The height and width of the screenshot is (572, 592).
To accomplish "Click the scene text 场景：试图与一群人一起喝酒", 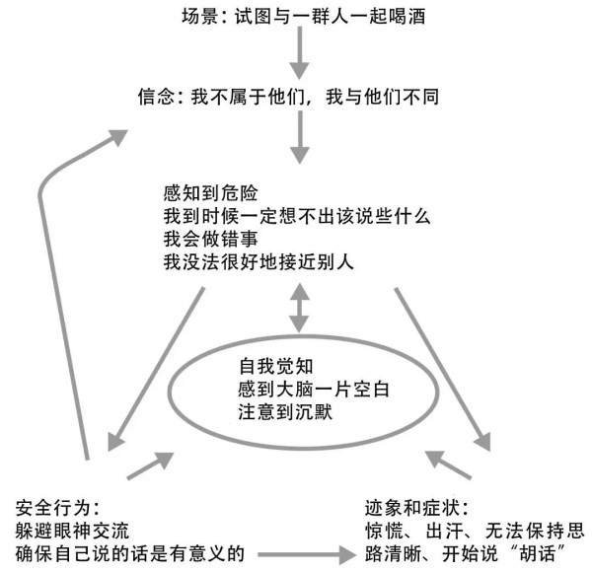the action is [x=304, y=17].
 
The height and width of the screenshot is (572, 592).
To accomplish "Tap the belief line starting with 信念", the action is [x=288, y=97].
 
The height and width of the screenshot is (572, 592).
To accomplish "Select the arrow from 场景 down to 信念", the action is [x=300, y=53].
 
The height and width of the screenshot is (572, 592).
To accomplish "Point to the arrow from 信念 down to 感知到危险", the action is [x=300, y=137].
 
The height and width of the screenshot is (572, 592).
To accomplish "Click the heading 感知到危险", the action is [x=211, y=193].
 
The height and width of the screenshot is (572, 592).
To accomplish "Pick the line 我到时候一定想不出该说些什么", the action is [x=297, y=216].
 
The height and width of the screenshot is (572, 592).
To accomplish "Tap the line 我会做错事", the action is [x=211, y=240].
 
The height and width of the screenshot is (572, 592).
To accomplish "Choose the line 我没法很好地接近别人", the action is [x=259, y=262].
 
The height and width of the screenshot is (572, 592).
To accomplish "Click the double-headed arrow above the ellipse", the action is [x=299, y=308].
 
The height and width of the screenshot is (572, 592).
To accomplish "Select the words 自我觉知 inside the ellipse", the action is [x=276, y=366].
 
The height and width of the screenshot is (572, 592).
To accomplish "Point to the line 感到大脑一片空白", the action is [x=314, y=389].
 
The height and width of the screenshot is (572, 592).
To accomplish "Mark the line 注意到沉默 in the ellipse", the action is [x=285, y=412].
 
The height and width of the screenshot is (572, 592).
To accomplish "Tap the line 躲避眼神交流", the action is [x=72, y=531].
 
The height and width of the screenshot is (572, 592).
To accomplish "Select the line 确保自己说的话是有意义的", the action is [x=130, y=554].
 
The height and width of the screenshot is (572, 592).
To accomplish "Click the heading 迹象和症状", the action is [x=416, y=508].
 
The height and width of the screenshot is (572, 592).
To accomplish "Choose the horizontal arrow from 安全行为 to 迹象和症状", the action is [x=307, y=554].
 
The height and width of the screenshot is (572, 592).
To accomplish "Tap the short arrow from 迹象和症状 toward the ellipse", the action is [x=448, y=465].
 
